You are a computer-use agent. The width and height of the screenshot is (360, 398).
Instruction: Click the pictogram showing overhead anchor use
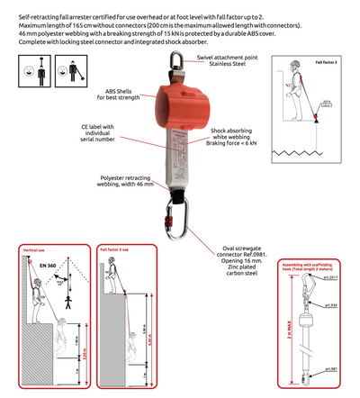pyautogui.click(x=32, y=68)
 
